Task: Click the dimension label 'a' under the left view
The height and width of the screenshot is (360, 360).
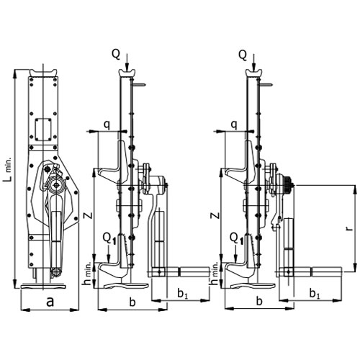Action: point(50,302)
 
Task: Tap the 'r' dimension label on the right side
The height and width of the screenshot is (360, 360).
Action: point(351,228)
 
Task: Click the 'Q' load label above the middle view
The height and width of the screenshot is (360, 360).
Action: point(116,55)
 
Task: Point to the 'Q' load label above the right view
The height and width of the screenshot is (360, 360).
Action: point(243,55)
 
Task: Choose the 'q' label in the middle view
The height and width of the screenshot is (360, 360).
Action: point(107,125)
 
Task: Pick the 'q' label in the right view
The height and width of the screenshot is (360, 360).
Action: point(234,125)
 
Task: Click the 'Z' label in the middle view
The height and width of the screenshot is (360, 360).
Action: point(89,215)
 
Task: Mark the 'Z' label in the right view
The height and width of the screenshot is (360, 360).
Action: point(216,215)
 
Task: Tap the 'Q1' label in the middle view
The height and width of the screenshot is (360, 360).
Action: point(109,239)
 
